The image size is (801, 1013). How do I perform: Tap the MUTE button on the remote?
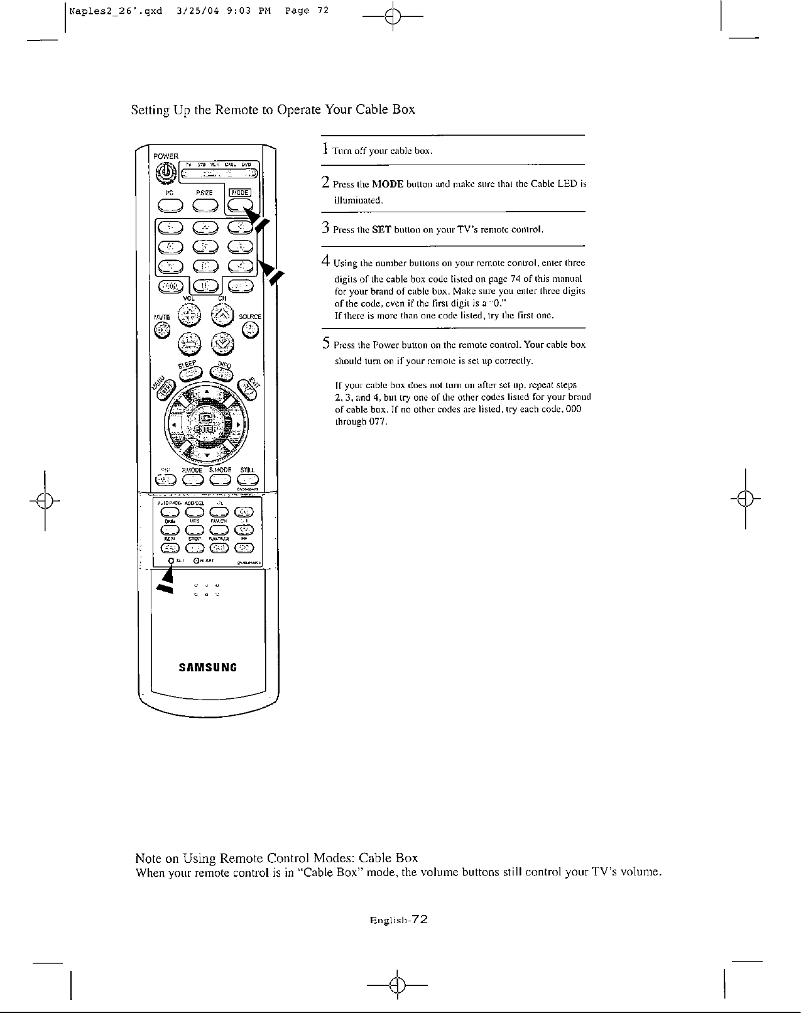163,328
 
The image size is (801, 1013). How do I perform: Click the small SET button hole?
170,560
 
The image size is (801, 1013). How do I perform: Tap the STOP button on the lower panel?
195,548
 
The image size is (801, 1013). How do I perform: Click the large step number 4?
325,261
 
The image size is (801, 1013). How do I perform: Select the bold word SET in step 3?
382,230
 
